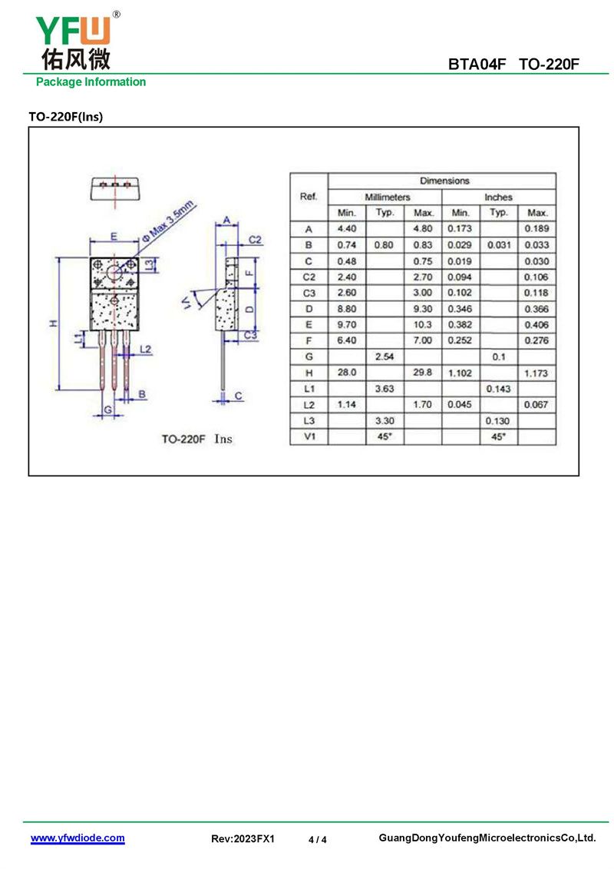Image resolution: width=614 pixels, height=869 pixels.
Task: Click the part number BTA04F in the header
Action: [477, 65]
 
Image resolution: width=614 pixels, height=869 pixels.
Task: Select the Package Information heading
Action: [91, 82]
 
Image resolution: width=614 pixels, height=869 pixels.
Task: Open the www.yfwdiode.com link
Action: [78, 838]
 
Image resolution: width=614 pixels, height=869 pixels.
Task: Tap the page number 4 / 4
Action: [317, 839]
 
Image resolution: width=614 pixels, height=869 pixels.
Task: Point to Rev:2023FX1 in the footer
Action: [243, 838]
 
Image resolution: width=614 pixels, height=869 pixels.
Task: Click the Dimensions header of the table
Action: [444, 181]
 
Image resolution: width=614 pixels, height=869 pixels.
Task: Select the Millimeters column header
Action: [387, 197]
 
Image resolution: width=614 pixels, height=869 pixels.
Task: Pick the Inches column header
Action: [498, 197]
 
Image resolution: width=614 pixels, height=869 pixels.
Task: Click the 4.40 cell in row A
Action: [347, 228]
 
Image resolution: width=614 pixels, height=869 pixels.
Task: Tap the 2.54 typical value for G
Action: [385, 357]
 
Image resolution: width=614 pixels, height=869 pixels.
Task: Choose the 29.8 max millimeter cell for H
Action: [422, 373]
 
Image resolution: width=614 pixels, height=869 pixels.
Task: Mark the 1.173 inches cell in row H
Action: [536, 373]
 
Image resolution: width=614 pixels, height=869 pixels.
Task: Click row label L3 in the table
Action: [309, 420]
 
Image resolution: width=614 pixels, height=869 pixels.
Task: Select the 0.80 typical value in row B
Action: [384, 244]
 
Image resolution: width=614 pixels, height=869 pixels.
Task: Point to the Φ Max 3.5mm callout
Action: [168, 220]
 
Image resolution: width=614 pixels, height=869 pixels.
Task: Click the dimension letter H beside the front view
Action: [54, 323]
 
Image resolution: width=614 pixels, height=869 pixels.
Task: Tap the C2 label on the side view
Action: [255, 240]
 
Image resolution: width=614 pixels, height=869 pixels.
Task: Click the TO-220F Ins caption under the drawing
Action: [196, 439]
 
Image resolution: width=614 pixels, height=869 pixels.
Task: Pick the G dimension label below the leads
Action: [108, 410]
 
